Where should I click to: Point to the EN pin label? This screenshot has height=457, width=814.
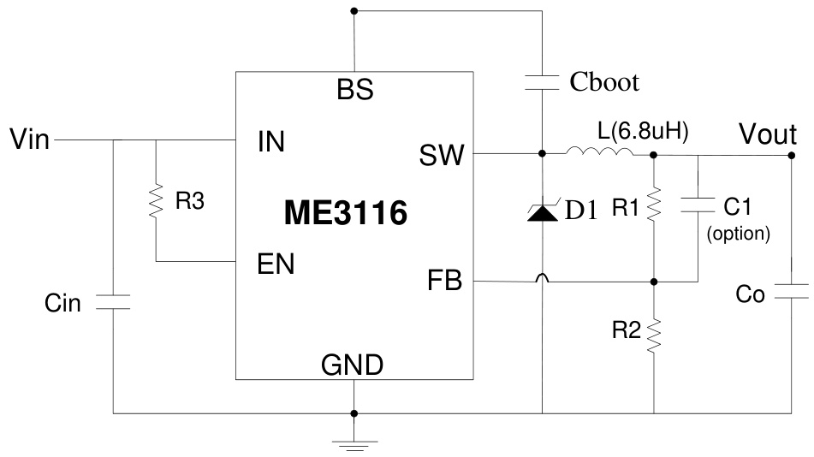[276, 264]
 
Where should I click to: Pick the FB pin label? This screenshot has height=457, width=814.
[444, 280]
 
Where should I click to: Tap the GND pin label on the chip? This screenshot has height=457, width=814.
[352, 365]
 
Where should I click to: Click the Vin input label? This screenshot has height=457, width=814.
[30, 138]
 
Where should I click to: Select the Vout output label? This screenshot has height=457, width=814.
[768, 135]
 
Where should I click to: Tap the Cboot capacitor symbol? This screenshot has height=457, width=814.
[542, 82]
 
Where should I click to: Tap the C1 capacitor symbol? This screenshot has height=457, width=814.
[698, 205]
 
